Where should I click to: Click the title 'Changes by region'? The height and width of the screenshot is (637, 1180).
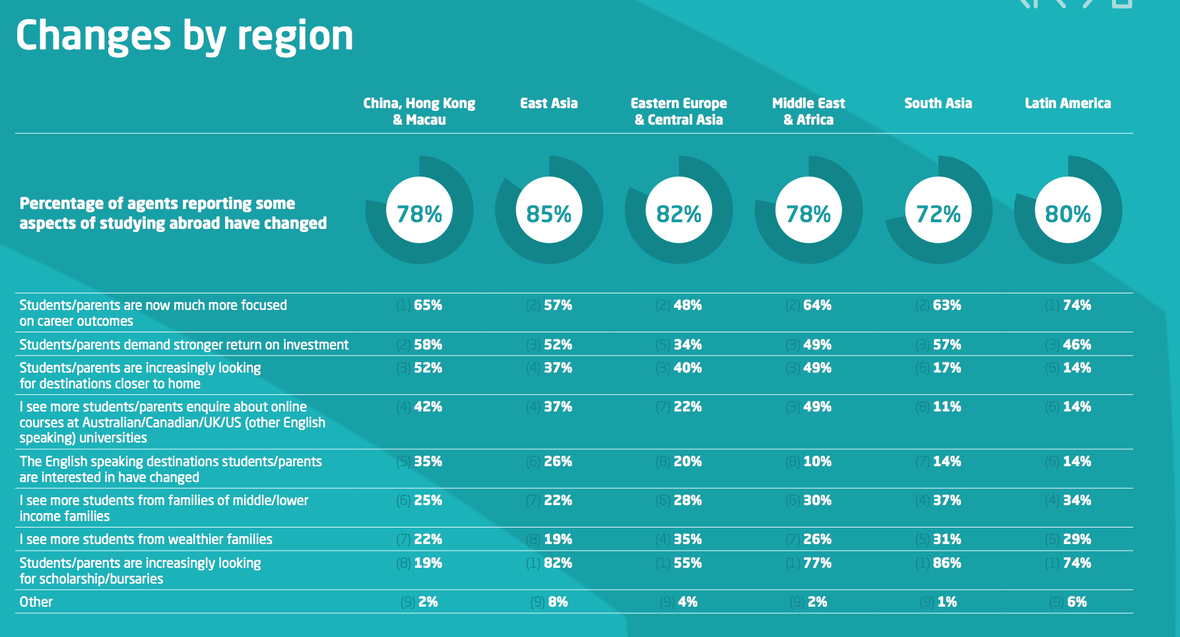coord(184,36)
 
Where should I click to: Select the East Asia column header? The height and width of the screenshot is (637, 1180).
coord(548,104)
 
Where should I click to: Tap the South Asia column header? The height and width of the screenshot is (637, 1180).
coord(938,104)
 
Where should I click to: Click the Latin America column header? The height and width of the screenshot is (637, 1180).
coord(1067,104)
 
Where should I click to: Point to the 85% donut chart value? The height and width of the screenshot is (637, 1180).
coord(548,214)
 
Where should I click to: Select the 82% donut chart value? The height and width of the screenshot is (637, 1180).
coord(678,214)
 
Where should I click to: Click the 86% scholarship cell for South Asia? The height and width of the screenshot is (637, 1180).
coord(946,563)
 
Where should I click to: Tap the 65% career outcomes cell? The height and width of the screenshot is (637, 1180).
coord(428,305)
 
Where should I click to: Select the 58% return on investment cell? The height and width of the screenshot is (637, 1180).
coord(428,345)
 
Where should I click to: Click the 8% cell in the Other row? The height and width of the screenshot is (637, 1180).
coord(557,602)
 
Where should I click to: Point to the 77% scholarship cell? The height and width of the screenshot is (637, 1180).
coord(817,563)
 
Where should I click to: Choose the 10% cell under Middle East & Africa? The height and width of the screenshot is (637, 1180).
coord(817,462)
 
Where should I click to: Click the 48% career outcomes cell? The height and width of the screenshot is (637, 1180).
coord(687,305)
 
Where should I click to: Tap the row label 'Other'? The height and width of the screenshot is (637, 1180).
coord(36,602)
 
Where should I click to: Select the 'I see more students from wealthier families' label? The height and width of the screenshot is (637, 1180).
coord(146,539)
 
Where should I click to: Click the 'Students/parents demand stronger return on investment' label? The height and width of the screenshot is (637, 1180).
coord(184,345)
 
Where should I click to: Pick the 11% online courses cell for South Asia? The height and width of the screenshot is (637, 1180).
coord(946,407)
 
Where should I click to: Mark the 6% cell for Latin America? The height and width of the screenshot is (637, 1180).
coord(1076,602)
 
